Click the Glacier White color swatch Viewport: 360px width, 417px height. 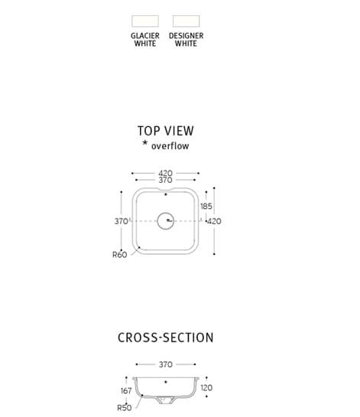point(145,21)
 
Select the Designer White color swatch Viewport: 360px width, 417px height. point(186,21)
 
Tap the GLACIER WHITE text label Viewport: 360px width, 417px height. point(145,39)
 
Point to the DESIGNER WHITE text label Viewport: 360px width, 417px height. point(186,39)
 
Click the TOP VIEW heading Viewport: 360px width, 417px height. point(166,131)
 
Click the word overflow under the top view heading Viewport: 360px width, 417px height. point(170,146)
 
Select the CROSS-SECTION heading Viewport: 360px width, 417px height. point(166,337)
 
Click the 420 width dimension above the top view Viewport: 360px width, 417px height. point(166,173)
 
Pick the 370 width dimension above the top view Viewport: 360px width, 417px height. point(166,180)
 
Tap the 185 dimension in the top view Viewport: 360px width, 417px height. point(206,206)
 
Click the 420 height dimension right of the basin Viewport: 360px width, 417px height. point(215,221)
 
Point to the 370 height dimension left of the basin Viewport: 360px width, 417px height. point(122,221)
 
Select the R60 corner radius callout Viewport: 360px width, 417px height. point(119,255)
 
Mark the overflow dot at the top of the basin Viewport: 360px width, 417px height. point(166,194)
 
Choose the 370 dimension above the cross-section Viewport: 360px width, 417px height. point(166,364)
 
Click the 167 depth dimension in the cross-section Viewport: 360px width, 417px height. point(126,391)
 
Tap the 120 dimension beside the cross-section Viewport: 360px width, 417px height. point(206,388)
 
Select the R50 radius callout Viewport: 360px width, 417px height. point(125,408)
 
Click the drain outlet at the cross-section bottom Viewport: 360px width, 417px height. point(165,400)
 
